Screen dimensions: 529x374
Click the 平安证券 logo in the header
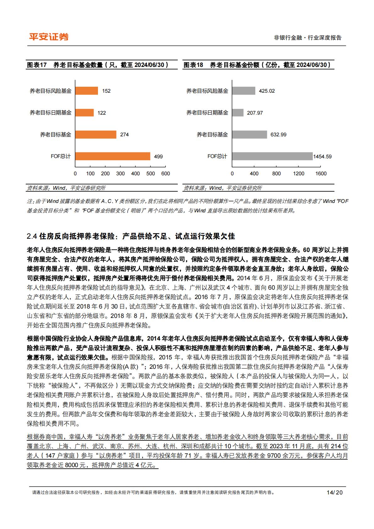(49, 37)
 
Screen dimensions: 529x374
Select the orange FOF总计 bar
(112, 156)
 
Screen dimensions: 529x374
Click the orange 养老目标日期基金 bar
(84, 112)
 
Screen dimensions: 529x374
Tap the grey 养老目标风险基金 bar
(244, 91)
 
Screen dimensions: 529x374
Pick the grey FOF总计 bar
(272, 156)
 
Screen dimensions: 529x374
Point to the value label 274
(124, 134)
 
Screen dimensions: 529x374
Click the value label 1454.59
(322, 156)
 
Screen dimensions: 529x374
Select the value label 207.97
(255, 113)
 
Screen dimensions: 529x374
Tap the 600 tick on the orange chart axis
(165, 173)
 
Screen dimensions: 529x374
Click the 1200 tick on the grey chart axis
(299, 173)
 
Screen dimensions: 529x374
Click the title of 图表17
(98, 65)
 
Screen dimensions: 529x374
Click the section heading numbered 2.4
(131, 236)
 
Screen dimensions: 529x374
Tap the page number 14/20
(334, 492)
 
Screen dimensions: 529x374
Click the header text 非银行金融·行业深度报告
(308, 38)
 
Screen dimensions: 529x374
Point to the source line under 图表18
(223, 188)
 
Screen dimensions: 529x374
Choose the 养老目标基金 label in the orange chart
(56, 134)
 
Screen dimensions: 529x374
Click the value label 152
(106, 91)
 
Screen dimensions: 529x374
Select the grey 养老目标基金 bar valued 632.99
(250, 134)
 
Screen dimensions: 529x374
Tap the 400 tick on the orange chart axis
(135, 173)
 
